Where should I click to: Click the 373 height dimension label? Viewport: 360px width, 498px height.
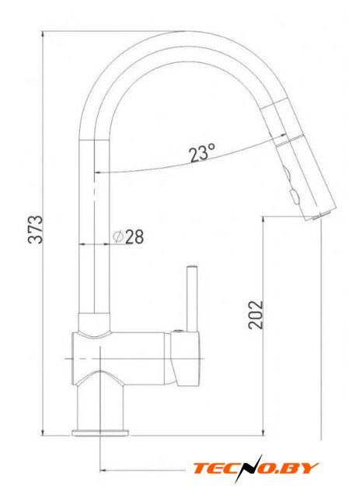point(35,230)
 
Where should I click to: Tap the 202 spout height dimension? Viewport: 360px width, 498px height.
point(256,314)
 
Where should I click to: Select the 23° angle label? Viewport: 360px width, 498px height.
point(202,153)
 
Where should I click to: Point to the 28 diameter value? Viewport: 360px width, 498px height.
point(135,237)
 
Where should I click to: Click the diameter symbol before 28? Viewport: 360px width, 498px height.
point(118,237)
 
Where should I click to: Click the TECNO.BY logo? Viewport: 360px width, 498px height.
point(256,468)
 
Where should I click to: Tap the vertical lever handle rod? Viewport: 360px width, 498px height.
point(192,298)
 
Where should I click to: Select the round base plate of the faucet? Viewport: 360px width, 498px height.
point(100,433)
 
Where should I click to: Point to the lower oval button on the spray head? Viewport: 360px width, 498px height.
point(294,196)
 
